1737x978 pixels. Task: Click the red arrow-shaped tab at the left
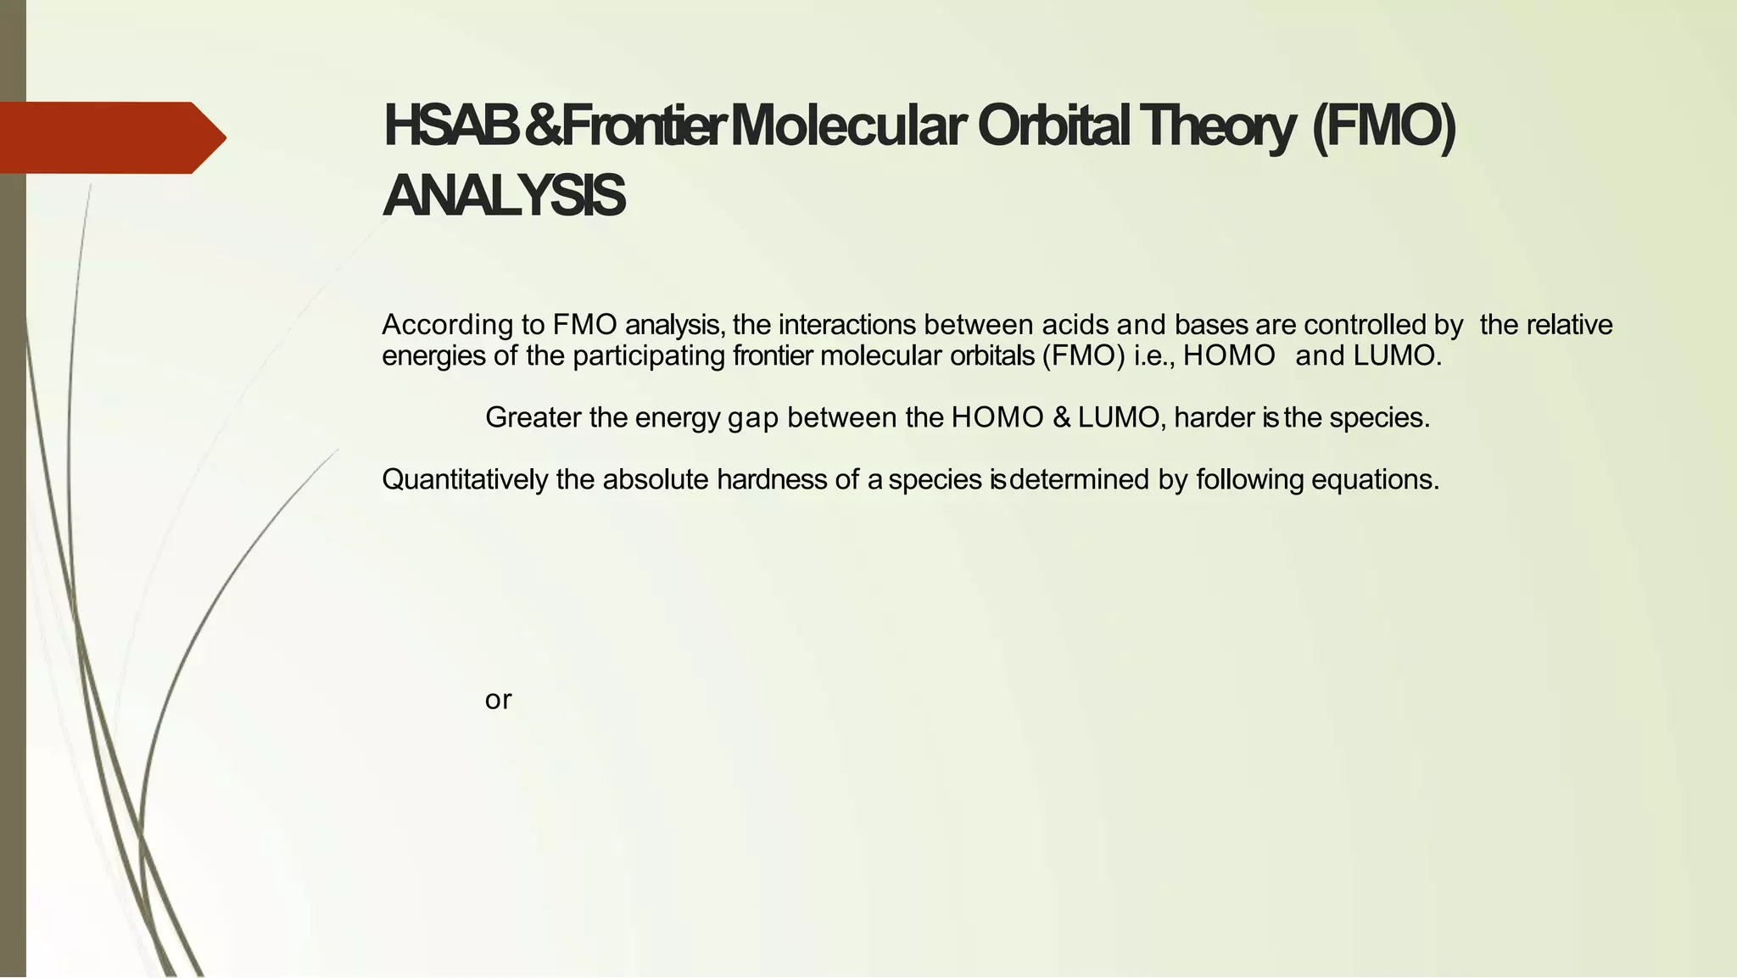coord(110,137)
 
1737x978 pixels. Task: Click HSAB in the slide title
coord(450,126)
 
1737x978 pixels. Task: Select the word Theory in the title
coord(1216,127)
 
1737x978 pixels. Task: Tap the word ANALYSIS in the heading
coord(504,196)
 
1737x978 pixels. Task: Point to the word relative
coord(1570,325)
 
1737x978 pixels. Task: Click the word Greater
coord(533,417)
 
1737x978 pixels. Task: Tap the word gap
coord(753,418)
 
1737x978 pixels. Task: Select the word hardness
coord(771,480)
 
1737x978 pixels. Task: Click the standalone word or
coord(498,700)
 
